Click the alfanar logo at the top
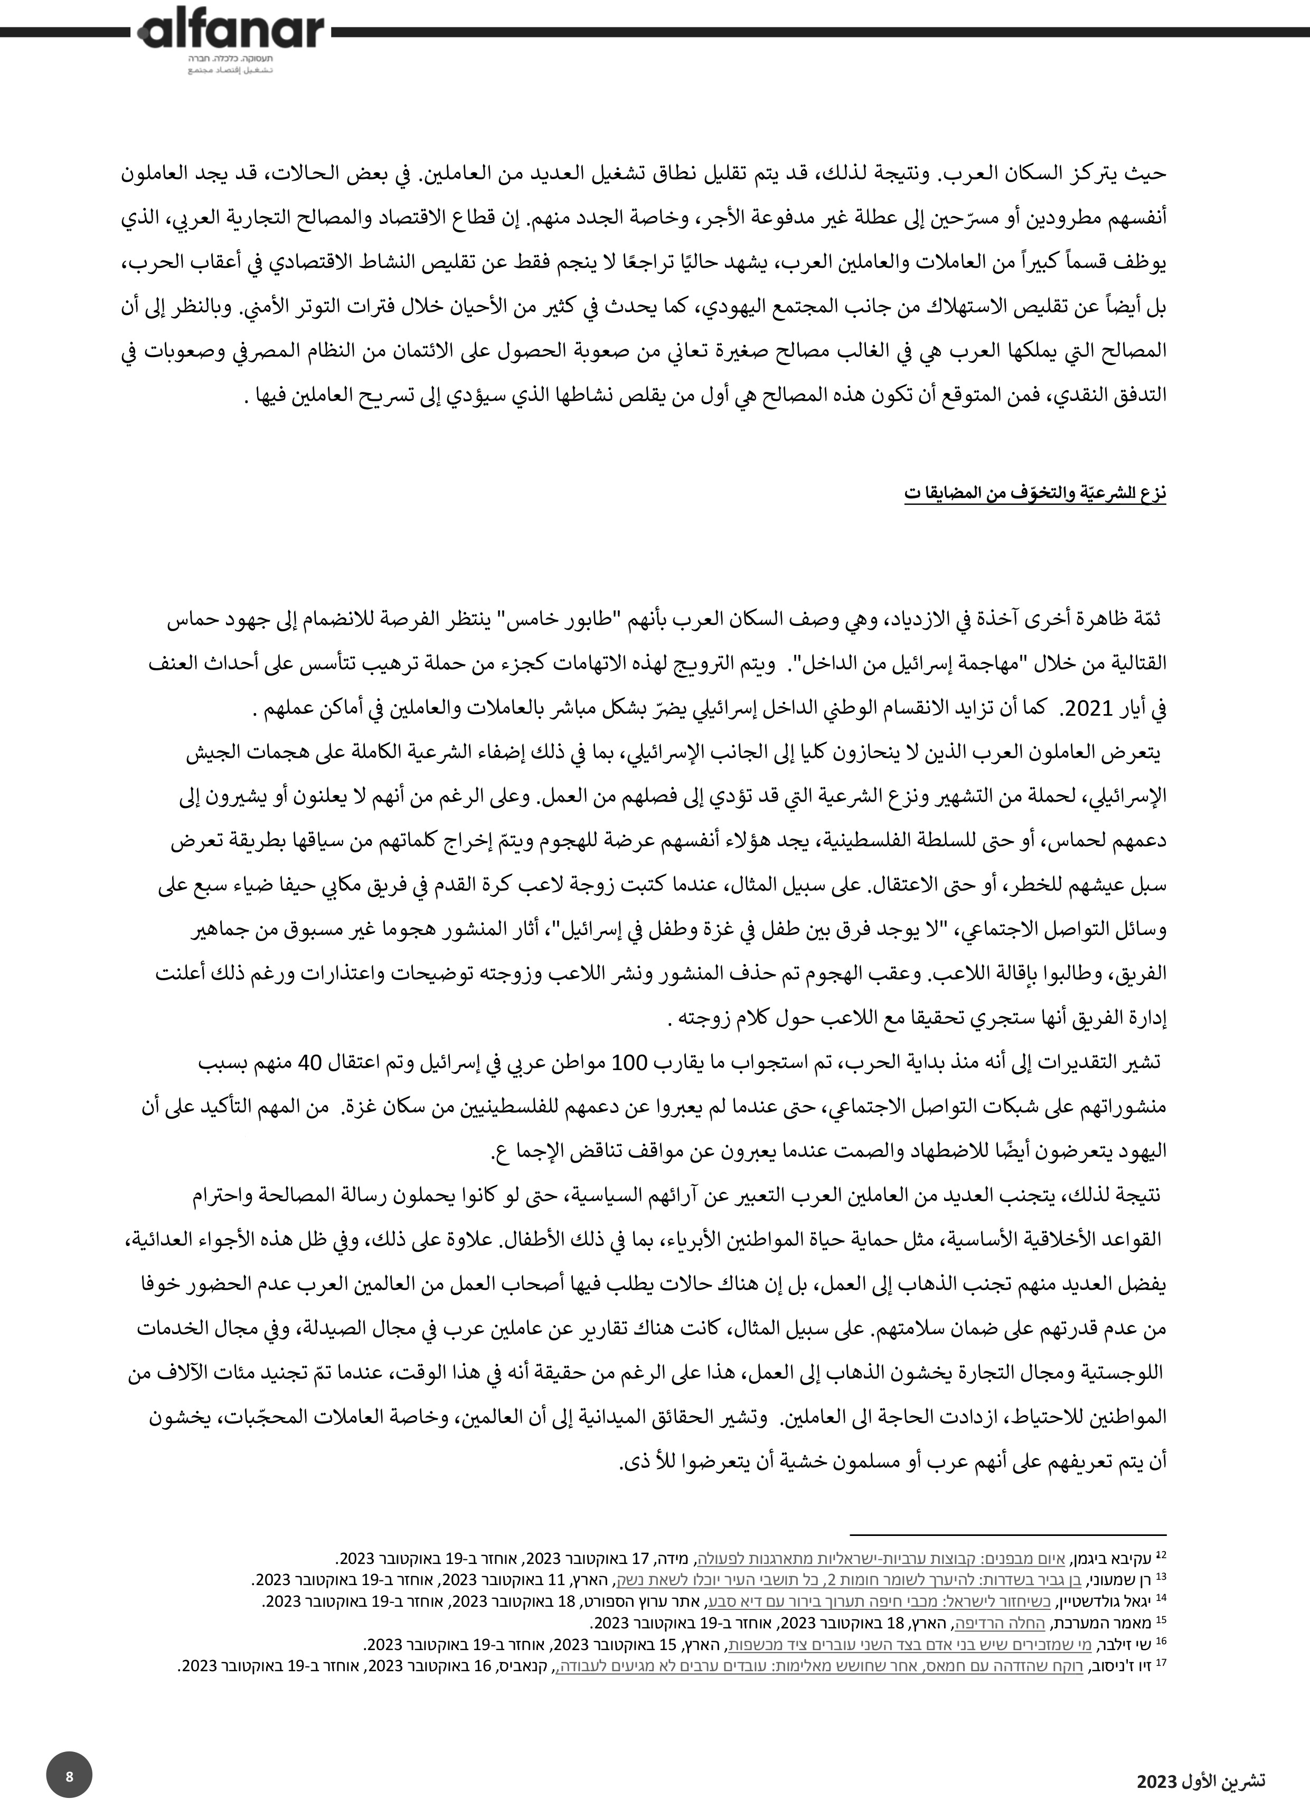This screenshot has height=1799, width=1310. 231,31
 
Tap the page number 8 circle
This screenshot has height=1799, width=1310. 69,1776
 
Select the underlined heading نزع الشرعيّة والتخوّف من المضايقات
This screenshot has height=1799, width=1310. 1035,493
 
